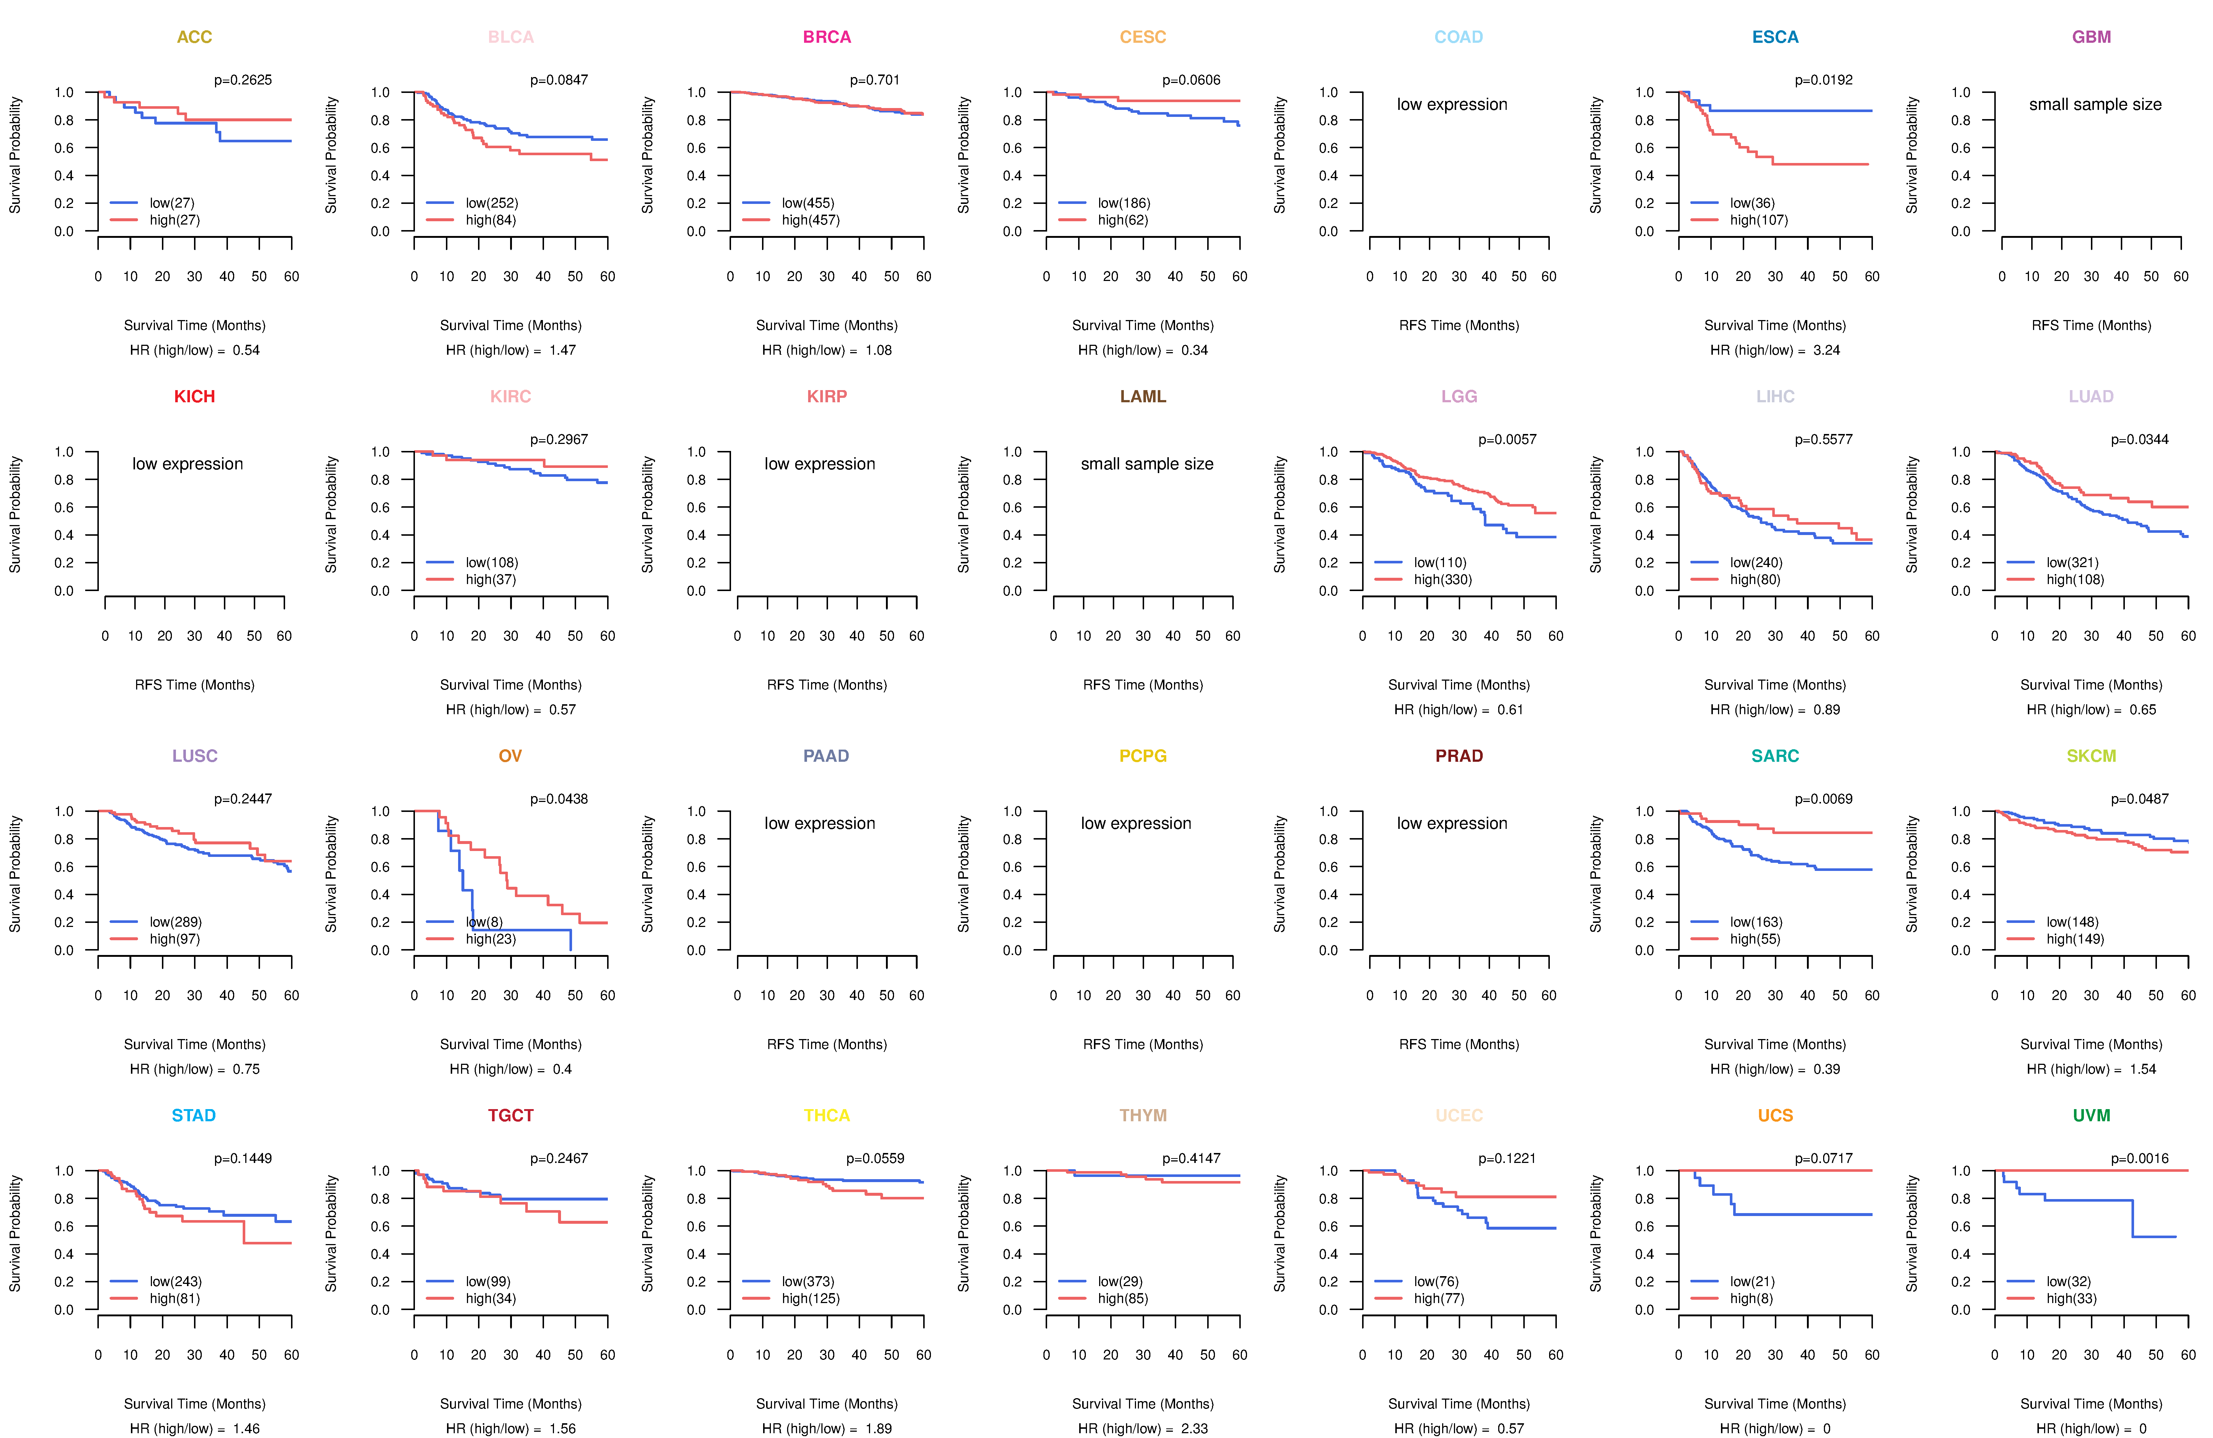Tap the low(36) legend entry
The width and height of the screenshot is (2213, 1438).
[1752, 203]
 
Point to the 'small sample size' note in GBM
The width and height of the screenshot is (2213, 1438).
[2095, 104]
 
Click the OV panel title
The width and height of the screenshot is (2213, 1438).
[510, 756]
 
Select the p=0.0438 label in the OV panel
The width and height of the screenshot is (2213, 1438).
[559, 799]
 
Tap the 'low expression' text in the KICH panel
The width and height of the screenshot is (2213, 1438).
[188, 464]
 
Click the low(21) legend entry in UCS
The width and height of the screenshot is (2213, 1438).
[1752, 1281]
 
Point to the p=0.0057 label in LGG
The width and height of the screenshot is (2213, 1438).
[1507, 439]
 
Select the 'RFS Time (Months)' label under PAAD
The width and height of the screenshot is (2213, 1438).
[827, 1044]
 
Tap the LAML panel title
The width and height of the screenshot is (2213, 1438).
[1143, 396]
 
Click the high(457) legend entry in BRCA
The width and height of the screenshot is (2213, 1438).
[810, 219]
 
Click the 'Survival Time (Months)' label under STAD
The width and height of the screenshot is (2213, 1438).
[194, 1404]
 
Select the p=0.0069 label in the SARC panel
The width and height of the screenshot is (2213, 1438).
[1824, 799]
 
